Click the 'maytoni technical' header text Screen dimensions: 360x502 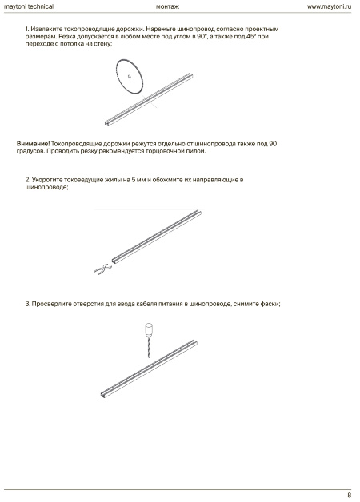coord(29,6)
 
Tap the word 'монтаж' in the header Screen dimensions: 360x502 coord(167,6)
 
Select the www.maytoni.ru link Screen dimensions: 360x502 coord(329,6)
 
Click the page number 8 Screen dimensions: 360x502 coord(349,495)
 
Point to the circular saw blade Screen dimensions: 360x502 coord(129,77)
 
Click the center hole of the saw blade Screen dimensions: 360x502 coord(130,76)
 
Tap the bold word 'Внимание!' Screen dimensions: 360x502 coord(33,144)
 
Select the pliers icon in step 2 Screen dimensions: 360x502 coord(102,269)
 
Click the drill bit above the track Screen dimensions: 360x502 coord(148,347)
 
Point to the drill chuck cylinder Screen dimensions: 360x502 coord(148,329)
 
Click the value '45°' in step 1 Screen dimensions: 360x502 coord(250,36)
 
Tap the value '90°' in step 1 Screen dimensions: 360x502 coord(201,36)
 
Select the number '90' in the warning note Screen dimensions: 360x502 coord(273,144)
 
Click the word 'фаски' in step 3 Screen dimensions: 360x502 coord(270,304)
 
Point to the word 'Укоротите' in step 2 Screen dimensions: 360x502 coord(47,180)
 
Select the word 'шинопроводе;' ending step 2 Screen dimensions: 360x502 coord(46,187)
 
